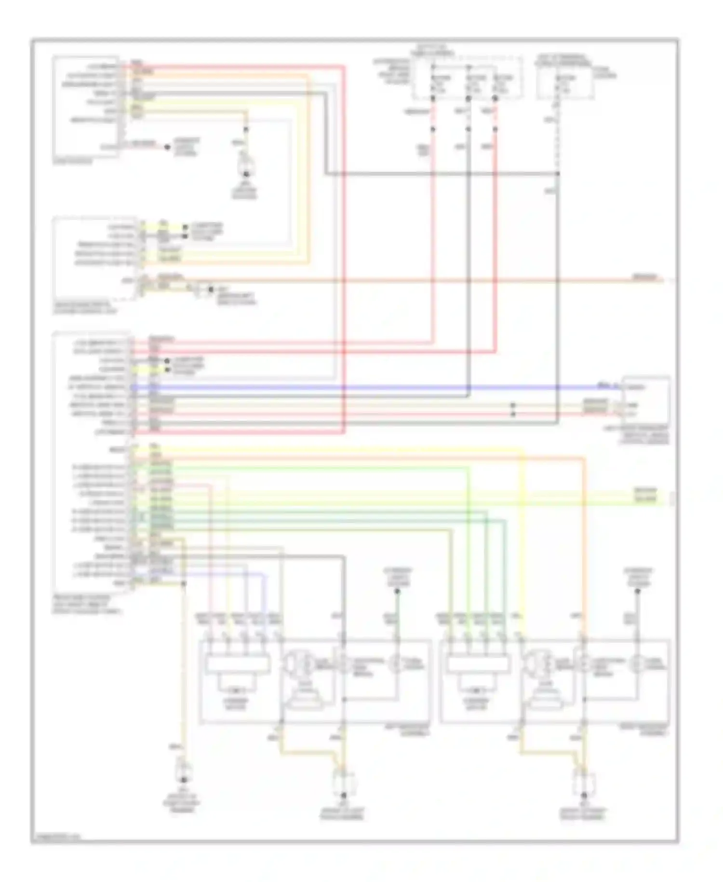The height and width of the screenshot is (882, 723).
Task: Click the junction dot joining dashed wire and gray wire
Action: pyautogui.click(x=558, y=173)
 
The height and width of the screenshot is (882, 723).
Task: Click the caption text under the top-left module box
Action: pyautogui.click(x=72, y=162)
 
